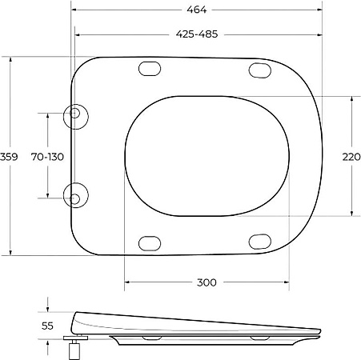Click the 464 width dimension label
(196, 10)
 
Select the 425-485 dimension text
(196, 34)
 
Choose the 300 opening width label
(207, 282)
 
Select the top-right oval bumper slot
(260, 70)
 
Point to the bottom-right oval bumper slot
(260, 241)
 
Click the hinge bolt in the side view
(78, 348)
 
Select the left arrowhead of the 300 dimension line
(127, 282)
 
